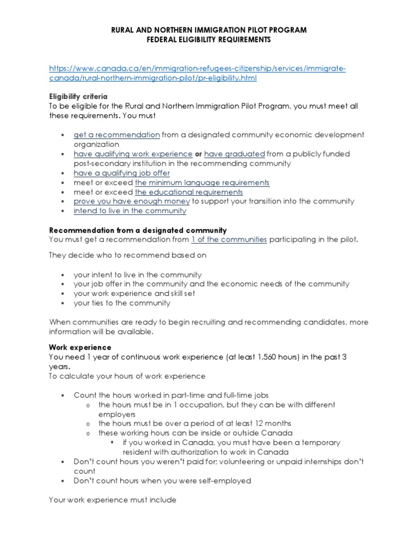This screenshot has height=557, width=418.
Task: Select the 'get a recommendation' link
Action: pos(116,135)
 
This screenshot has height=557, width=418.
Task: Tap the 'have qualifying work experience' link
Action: pos(133,154)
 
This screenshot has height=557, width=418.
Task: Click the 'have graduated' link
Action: pos(235,154)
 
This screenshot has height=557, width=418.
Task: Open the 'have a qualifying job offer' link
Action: pos(122,173)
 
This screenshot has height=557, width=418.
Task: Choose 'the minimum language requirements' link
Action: pos(202,182)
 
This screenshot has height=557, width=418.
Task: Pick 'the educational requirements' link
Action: pos(189,192)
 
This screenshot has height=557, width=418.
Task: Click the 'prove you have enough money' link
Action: pos(132,201)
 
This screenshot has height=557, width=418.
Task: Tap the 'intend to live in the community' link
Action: pos(130,211)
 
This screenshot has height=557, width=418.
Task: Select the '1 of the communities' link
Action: pos(229,239)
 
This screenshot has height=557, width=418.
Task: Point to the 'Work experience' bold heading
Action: pos(80,347)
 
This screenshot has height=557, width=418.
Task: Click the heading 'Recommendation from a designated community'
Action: pos(138,230)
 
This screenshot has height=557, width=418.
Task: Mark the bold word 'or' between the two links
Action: pos(199,154)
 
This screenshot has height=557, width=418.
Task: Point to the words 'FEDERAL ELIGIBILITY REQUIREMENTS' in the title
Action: pos(209,40)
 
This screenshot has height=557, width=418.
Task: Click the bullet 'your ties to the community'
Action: pos(122,303)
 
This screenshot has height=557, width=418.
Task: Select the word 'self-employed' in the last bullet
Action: pos(224,481)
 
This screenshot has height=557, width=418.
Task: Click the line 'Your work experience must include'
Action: pos(113,499)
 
